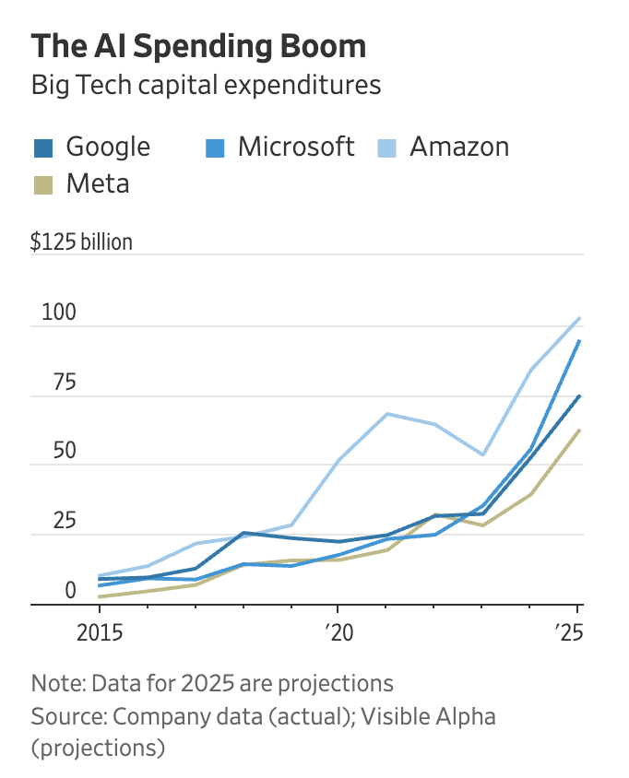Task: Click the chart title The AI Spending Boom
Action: click(198, 46)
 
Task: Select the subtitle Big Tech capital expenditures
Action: click(206, 86)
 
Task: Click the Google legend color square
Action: click(46, 147)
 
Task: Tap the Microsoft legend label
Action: click(295, 147)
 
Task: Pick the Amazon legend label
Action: click(459, 147)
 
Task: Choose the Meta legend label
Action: click(98, 183)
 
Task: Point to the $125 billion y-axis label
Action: click(81, 242)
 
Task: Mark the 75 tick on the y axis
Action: click(55, 383)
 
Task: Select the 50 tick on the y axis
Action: click(55, 452)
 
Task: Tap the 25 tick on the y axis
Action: click(55, 521)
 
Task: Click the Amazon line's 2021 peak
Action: click(386, 414)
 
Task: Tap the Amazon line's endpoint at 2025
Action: click(578, 318)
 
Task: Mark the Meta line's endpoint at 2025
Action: click(578, 430)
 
